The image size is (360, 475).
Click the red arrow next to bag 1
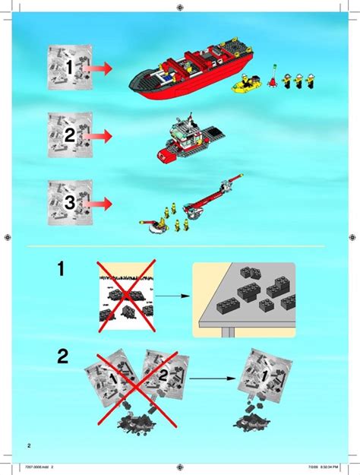(x=99, y=69)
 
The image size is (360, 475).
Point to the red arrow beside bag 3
(x=99, y=203)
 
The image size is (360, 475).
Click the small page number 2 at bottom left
(x=28, y=445)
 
